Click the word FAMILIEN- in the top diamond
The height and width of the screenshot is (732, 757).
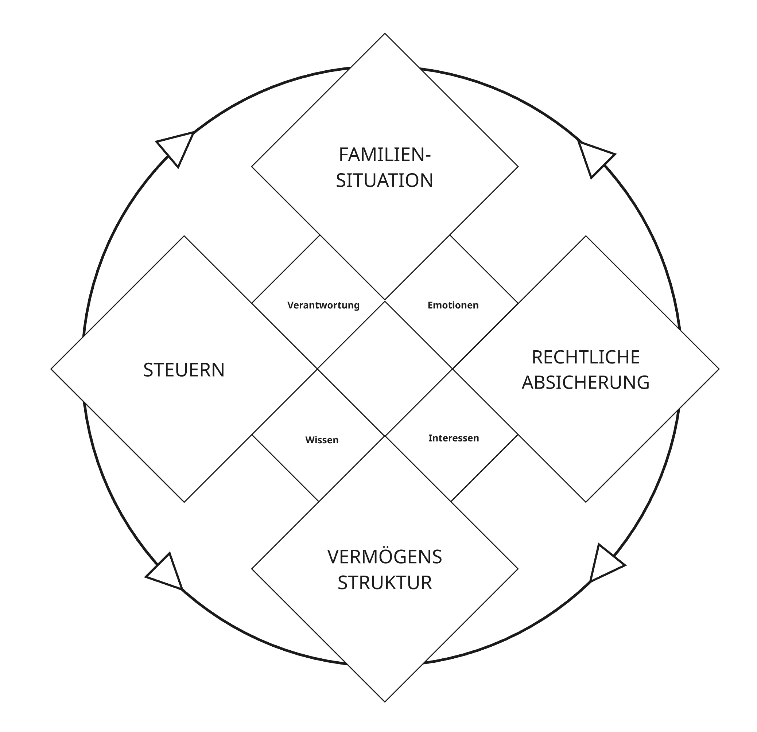384,155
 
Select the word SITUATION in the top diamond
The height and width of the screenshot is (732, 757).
384,180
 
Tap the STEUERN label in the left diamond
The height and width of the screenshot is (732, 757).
184,370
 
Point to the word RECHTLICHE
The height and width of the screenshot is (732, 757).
586,357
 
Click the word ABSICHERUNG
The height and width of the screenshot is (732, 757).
586,382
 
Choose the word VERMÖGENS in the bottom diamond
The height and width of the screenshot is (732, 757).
384,557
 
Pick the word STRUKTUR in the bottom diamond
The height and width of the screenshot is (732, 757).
384,583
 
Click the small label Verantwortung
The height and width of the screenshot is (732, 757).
323,305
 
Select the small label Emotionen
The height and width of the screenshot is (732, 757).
453,305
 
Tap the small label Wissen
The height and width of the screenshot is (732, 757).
322,440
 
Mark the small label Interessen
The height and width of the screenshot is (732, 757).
453,438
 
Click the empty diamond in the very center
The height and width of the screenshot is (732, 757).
385,369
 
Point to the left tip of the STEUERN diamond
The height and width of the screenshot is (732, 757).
52,369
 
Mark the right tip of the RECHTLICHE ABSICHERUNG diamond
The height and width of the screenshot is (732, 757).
718,369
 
